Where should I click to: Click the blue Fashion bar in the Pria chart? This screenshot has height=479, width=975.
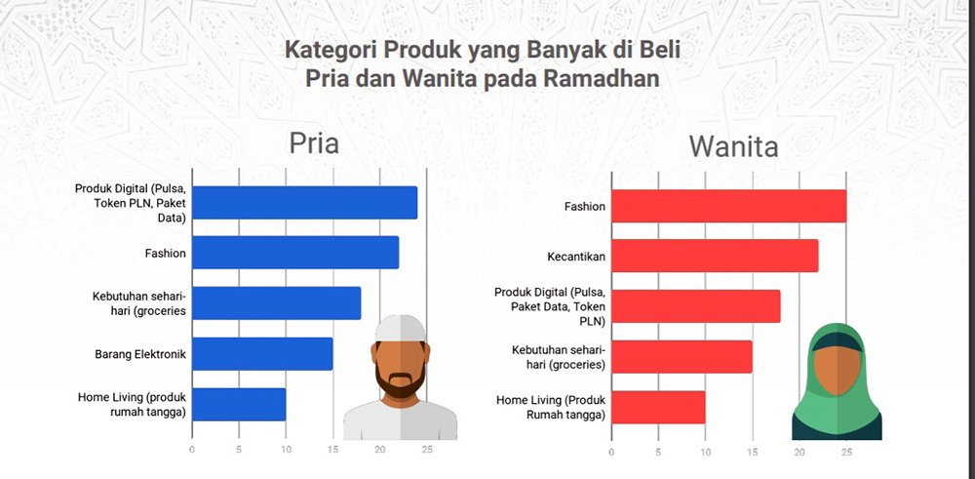pyautogui.click(x=295, y=253)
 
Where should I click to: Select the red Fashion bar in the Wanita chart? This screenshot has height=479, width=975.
pyautogui.click(x=728, y=206)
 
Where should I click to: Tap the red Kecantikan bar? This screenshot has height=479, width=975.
pyautogui.click(x=715, y=256)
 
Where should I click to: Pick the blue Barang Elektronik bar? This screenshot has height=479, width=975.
pyautogui.click(x=262, y=354)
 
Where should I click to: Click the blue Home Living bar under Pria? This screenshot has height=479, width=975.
pyautogui.click(x=239, y=404)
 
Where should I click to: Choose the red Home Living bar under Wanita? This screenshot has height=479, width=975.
pyautogui.click(x=658, y=408)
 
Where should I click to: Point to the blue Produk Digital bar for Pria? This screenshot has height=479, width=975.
pyautogui.click(x=304, y=202)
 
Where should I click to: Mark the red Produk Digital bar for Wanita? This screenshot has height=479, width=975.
pyautogui.click(x=696, y=306)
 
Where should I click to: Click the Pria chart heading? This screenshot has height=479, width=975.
pyautogui.click(x=314, y=143)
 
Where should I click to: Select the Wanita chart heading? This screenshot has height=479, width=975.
pyautogui.click(x=733, y=146)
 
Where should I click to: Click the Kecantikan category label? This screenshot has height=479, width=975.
pyautogui.click(x=576, y=257)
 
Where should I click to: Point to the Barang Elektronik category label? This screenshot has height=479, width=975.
pyautogui.click(x=140, y=354)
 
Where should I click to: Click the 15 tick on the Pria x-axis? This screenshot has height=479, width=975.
pyautogui.click(x=332, y=449)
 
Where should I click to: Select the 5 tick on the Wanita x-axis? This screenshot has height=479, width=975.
pyautogui.click(x=658, y=453)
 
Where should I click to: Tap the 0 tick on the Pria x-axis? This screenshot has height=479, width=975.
pyautogui.click(x=192, y=449)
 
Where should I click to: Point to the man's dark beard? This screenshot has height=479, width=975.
pyautogui.click(x=401, y=381)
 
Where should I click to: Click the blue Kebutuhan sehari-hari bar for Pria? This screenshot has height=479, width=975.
pyautogui.click(x=276, y=303)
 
